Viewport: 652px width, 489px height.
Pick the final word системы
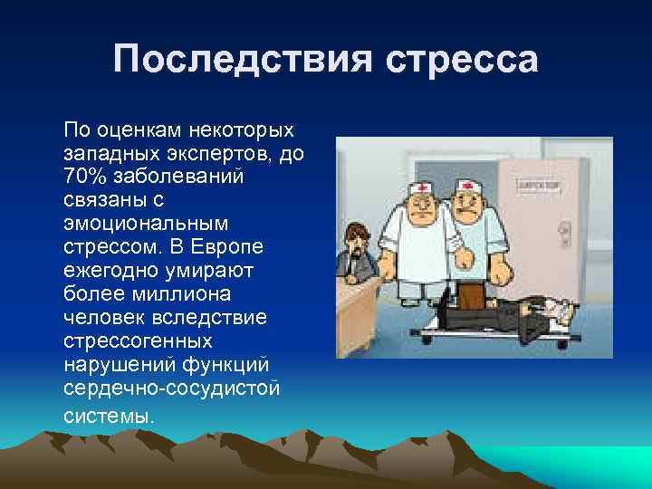[x=109, y=417]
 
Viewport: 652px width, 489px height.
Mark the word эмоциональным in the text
[x=145, y=222]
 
